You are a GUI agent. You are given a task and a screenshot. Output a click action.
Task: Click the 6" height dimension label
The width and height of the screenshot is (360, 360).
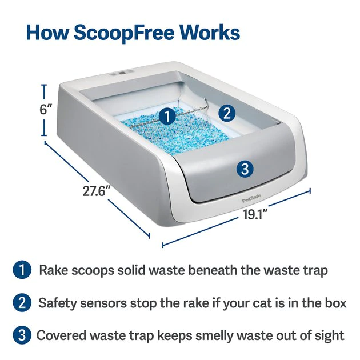(x=46, y=110)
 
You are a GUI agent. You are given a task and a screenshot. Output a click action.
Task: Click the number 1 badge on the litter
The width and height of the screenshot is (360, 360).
(x=166, y=116)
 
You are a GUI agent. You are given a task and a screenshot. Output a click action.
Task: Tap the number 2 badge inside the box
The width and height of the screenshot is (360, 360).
(x=227, y=113)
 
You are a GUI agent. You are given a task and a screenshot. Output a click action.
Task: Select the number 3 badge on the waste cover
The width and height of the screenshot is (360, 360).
(x=245, y=169)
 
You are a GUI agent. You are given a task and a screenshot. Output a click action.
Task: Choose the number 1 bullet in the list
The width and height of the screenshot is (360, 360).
(x=21, y=270)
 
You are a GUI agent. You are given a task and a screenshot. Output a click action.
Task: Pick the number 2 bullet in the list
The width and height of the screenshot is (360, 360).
(x=21, y=303)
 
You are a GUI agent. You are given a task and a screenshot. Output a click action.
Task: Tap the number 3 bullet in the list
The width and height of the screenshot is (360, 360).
(x=21, y=335)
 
